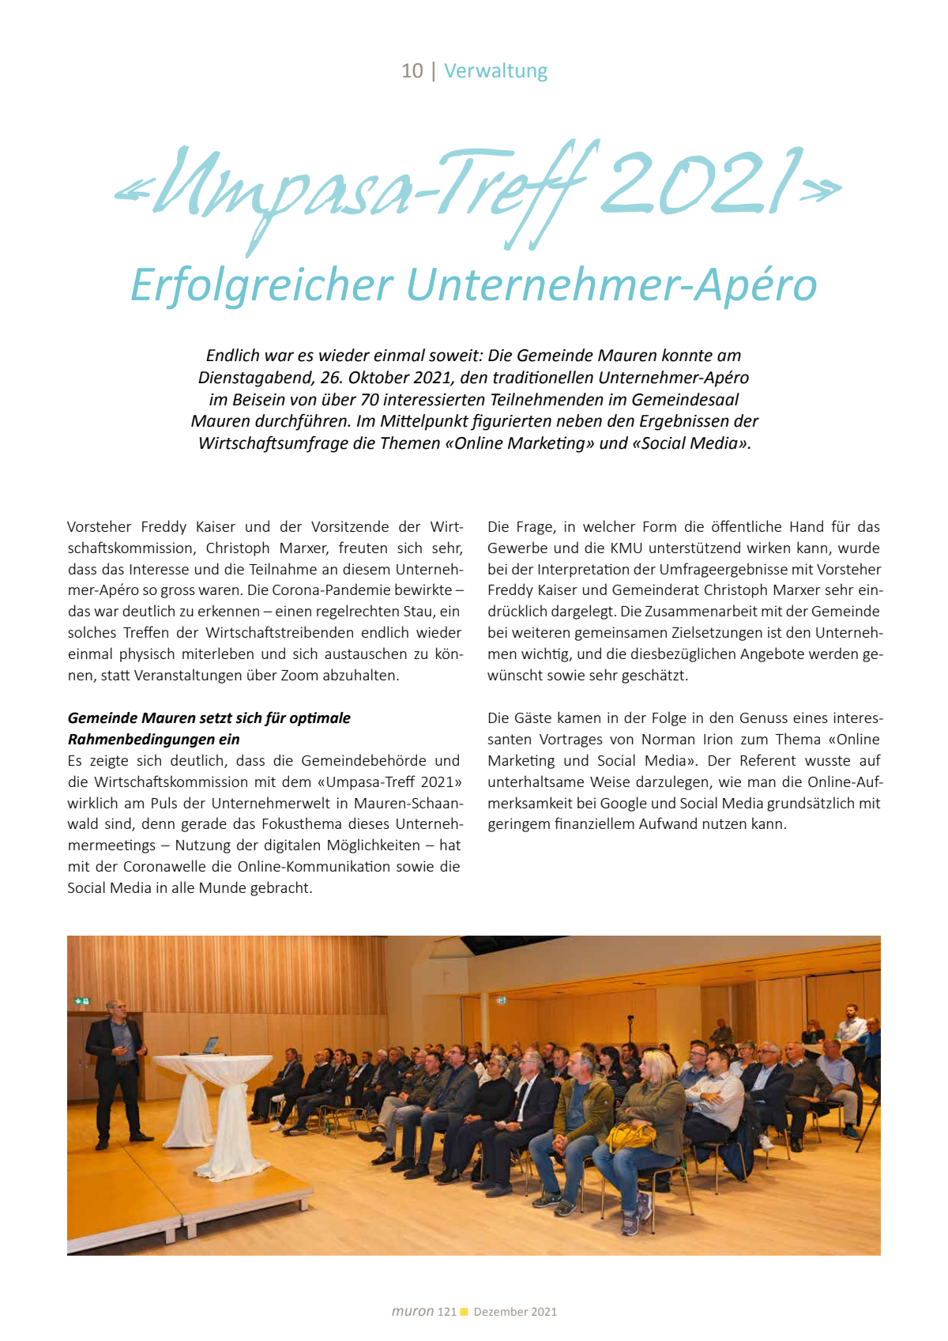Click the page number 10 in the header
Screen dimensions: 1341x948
point(412,71)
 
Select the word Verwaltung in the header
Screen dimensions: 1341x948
point(495,71)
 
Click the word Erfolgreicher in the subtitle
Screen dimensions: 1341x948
point(261,285)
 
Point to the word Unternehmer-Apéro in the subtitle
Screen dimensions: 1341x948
point(611,285)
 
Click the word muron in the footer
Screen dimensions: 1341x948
point(412,1312)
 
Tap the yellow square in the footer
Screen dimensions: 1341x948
point(465,1312)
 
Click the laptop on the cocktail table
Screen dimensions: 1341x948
point(211,1045)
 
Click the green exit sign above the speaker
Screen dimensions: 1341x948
point(83,1001)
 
